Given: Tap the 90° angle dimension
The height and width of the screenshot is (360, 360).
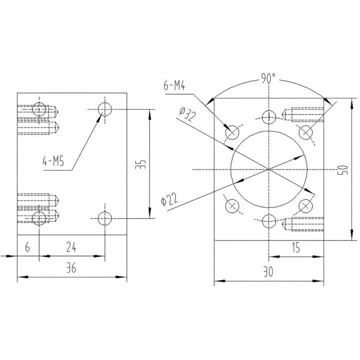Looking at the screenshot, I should point(268,78).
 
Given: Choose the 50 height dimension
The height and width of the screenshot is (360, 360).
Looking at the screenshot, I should point(341,168).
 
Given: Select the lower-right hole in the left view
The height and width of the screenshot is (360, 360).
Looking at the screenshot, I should point(104,218).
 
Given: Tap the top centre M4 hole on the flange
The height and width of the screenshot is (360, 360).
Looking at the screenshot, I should point(269,116).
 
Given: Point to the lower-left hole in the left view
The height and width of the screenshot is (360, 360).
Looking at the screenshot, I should point(39,218).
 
